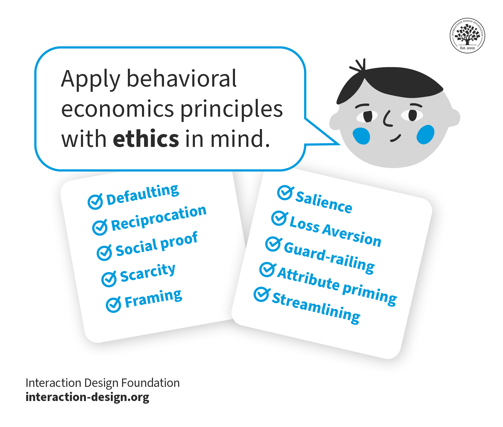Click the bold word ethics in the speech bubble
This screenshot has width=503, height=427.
(x=146, y=139)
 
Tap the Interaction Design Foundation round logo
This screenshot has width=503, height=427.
(x=467, y=36)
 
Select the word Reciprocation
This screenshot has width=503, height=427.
(x=159, y=218)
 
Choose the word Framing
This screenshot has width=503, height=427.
(x=153, y=298)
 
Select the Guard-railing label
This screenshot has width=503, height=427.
(x=329, y=258)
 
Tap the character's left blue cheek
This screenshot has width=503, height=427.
(x=361, y=136)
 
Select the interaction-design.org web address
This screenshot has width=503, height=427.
(x=87, y=397)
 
